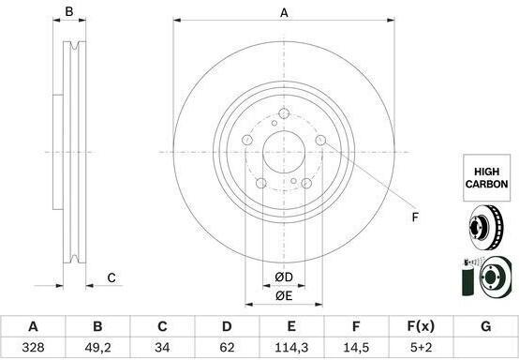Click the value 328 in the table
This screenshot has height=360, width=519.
click(x=33, y=347)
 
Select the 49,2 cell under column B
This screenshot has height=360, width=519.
click(x=97, y=347)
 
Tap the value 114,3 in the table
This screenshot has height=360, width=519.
click(x=291, y=347)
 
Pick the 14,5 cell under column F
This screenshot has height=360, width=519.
click(x=356, y=347)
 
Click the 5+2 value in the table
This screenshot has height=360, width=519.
click(x=421, y=347)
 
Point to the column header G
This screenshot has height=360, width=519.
click(x=485, y=326)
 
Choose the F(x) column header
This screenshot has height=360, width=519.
click(x=421, y=326)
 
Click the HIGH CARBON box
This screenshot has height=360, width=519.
click(x=486, y=178)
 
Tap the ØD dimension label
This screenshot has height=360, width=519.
click(x=284, y=277)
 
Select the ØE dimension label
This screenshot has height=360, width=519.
click(x=284, y=295)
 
